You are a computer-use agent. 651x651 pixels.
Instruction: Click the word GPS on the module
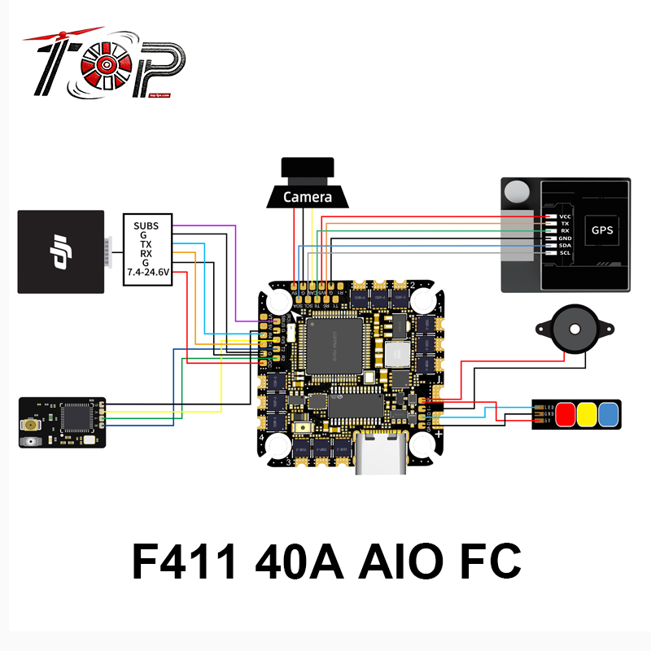coord(601,230)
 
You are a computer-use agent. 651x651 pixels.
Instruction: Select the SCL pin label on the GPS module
coord(565,254)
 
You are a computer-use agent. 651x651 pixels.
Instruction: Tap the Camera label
coord(307,197)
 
